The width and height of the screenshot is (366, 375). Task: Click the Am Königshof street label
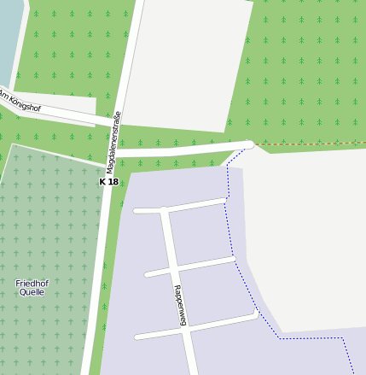[x=20, y=102]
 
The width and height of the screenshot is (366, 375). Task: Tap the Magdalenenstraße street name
[x=114, y=141]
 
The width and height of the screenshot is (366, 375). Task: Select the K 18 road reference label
[x=108, y=182]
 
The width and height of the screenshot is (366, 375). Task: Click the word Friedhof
[x=32, y=283]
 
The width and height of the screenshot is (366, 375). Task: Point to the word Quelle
[x=32, y=292]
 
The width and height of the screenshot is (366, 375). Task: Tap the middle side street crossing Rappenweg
[x=205, y=263]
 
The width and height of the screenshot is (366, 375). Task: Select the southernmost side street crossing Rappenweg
[x=213, y=323]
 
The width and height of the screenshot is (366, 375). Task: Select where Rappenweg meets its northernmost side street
[x=164, y=209]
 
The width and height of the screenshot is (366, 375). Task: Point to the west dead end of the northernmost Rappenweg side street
[x=137, y=210]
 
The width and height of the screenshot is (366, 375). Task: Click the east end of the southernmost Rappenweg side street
[x=254, y=316]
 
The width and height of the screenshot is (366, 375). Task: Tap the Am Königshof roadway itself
[x=60, y=113]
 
